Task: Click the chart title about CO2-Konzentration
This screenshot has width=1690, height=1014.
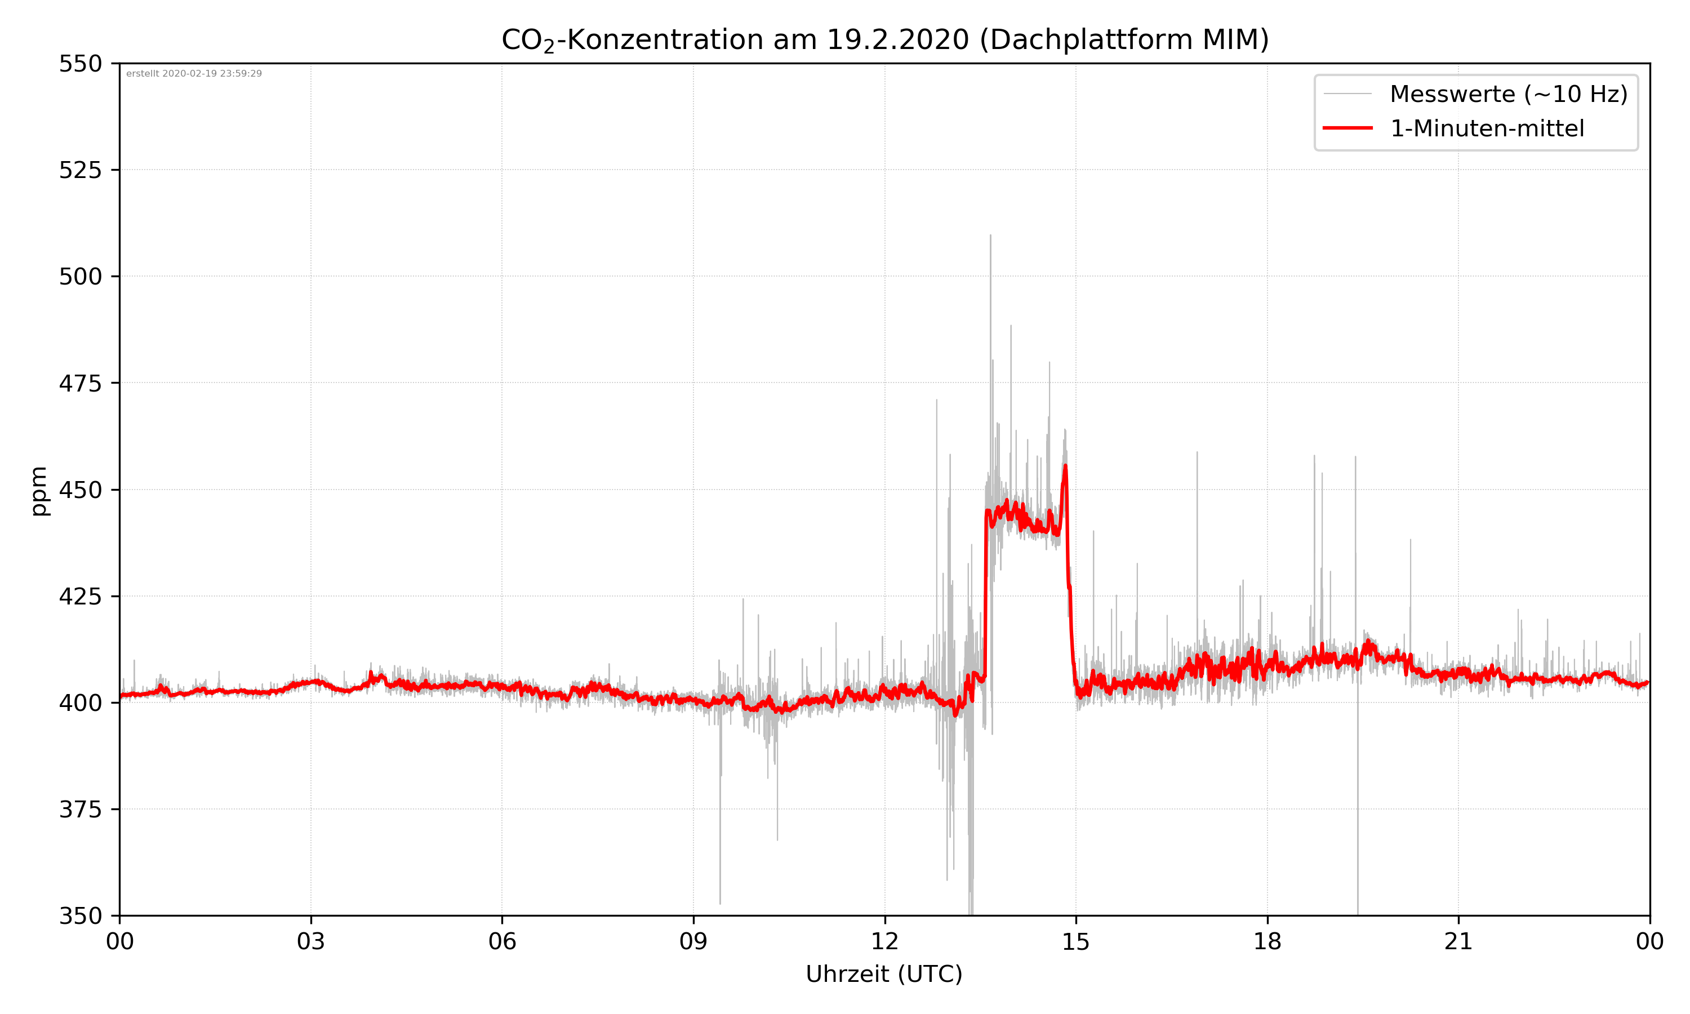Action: [x=884, y=39]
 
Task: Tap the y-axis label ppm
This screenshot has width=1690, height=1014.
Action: [x=39, y=491]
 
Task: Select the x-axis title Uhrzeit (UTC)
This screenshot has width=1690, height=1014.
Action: [x=884, y=973]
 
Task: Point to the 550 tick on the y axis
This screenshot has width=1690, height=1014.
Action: [x=80, y=64]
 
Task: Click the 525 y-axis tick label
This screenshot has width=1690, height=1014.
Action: [x=80, y=170]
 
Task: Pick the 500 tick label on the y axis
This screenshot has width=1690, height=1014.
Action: [x=80, y=277]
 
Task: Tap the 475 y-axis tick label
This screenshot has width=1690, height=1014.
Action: [x=80, y=383]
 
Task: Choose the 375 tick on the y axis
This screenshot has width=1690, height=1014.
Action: [x=80, y=810]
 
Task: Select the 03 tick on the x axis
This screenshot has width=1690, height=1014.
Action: [x=311, y=941]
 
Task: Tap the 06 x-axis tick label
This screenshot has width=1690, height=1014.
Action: [x=502, y=941]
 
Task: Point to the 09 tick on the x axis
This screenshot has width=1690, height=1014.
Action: [x=693, y=941]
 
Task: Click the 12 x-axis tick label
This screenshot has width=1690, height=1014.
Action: [x=884, y=941]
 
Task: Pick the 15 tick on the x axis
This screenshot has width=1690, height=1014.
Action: [x=1076, y=941]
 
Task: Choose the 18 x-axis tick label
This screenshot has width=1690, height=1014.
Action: [x=1267, y=941]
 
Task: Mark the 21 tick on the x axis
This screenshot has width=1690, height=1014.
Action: [x=1458, y=941]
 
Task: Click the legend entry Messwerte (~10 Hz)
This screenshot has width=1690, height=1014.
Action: [x=1508, y=94]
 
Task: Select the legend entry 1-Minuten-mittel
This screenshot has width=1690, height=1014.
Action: [x=1487, y=128]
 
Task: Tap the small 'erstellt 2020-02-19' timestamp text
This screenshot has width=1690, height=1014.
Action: [x=194, y=74]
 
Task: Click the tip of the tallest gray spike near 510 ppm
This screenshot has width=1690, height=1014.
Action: [x=990, y=235]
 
